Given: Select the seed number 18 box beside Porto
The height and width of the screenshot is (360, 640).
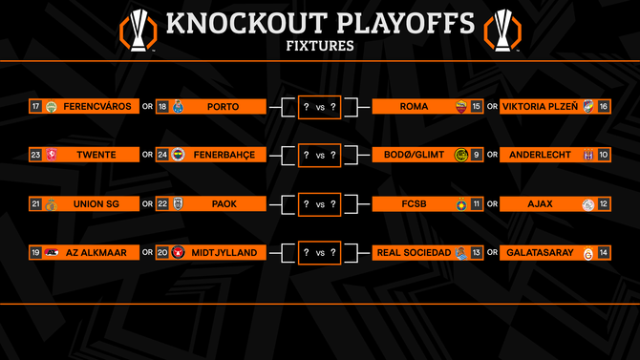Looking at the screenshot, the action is pyautogui.click(x=162, y=106).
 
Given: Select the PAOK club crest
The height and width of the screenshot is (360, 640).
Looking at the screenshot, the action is pyautogui.click(x=179, y=203).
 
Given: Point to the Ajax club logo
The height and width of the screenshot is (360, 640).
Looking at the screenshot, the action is pyautogui.click(x=587, y=203).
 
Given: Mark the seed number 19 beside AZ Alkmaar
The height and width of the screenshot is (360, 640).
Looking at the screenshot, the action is pyautogui.click(x=35, y=253).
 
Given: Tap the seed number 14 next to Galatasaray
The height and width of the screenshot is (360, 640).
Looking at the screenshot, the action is pyautogui.click(x=603, y=253).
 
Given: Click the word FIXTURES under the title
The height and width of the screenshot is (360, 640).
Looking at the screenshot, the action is pyautogui.click(x=319, y=45).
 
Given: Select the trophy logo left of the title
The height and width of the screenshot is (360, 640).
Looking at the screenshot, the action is pyautogui.click(x=139, y=28).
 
